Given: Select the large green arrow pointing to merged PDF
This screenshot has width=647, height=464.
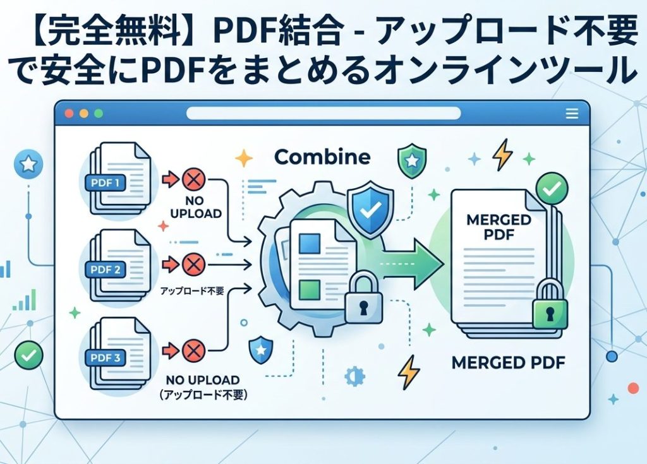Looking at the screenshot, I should (411, 259).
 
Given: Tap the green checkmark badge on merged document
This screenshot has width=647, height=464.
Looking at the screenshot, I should (552, 187).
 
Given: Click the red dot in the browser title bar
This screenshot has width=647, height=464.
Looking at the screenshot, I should (69, 114).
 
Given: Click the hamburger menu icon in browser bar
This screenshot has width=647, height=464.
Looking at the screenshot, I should (572, 114).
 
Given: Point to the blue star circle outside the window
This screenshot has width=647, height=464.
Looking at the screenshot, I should (28, 165).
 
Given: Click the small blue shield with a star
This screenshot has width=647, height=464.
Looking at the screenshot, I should (260, 349).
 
